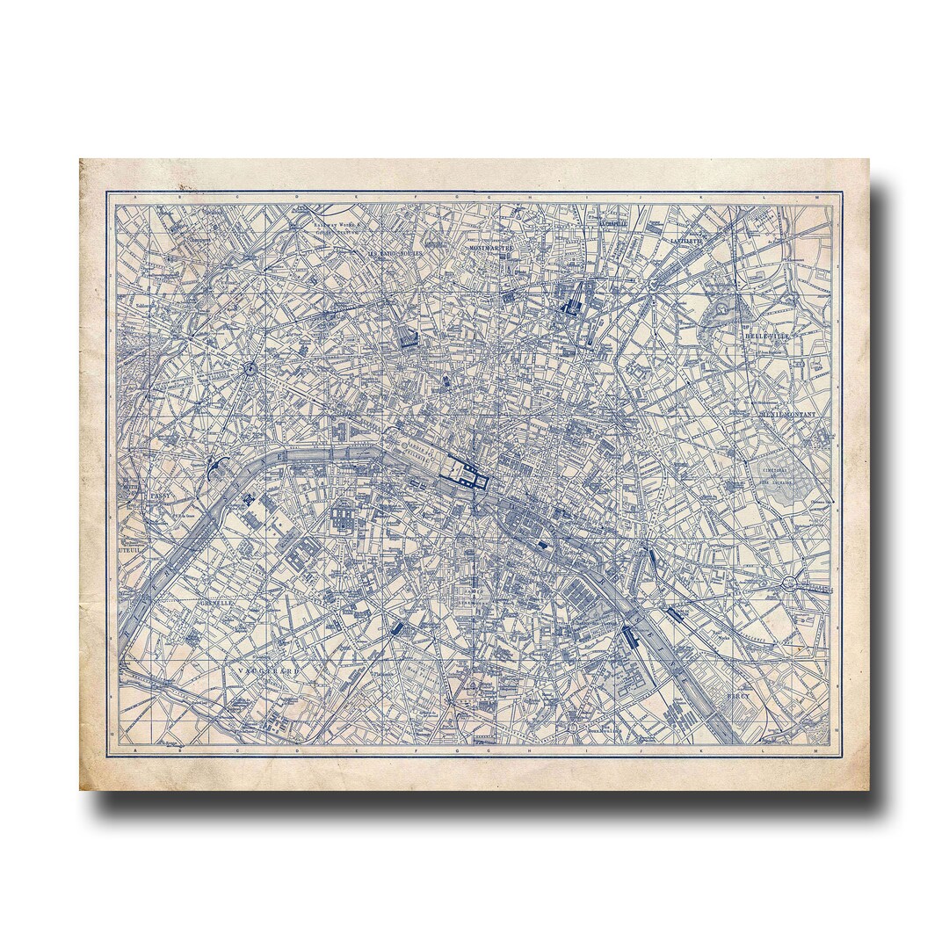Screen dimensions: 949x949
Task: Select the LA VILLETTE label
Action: [x=687, y=239]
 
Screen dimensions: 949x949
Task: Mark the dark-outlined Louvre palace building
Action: [x=464, y=475]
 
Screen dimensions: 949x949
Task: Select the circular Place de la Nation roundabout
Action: [x=790, y=581]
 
